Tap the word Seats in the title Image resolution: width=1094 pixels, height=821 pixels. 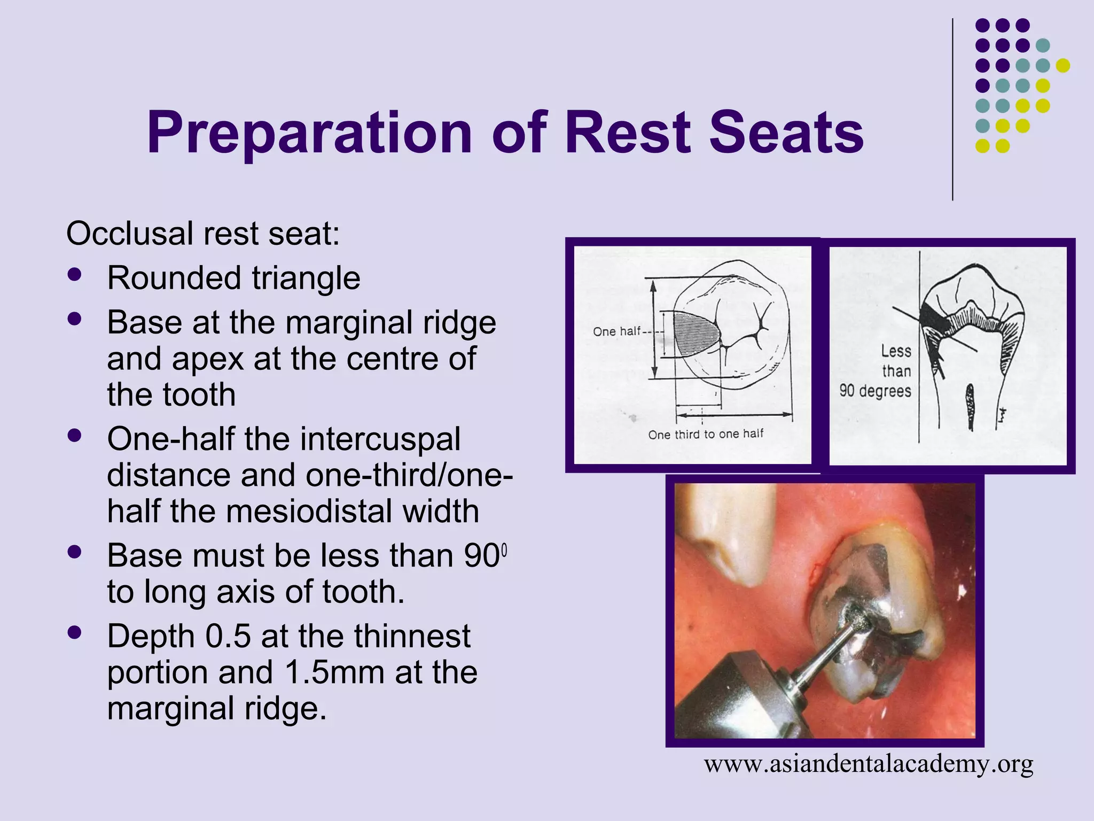pyautogui.click(x=786, y=133)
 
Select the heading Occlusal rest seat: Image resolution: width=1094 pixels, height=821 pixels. pyautogui.click(x=203, y=234)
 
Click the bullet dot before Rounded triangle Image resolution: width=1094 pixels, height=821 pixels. pyautogui.click(x=75, y=275)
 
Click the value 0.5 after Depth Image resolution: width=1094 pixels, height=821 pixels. pyautogui.click(x=228, y=636)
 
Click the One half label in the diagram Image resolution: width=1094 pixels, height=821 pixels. pyautogui.click(x=616, y=331)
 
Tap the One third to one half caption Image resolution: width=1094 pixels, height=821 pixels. pyautogui.click(x=706, y=434)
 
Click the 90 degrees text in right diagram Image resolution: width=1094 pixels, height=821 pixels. pyautogui.click(x=875, y=391)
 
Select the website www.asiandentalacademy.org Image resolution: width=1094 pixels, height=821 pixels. pyautogui.click(x=868, y=764)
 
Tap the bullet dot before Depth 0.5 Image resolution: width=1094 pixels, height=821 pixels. pyautogui.click(x=75, y=633)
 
